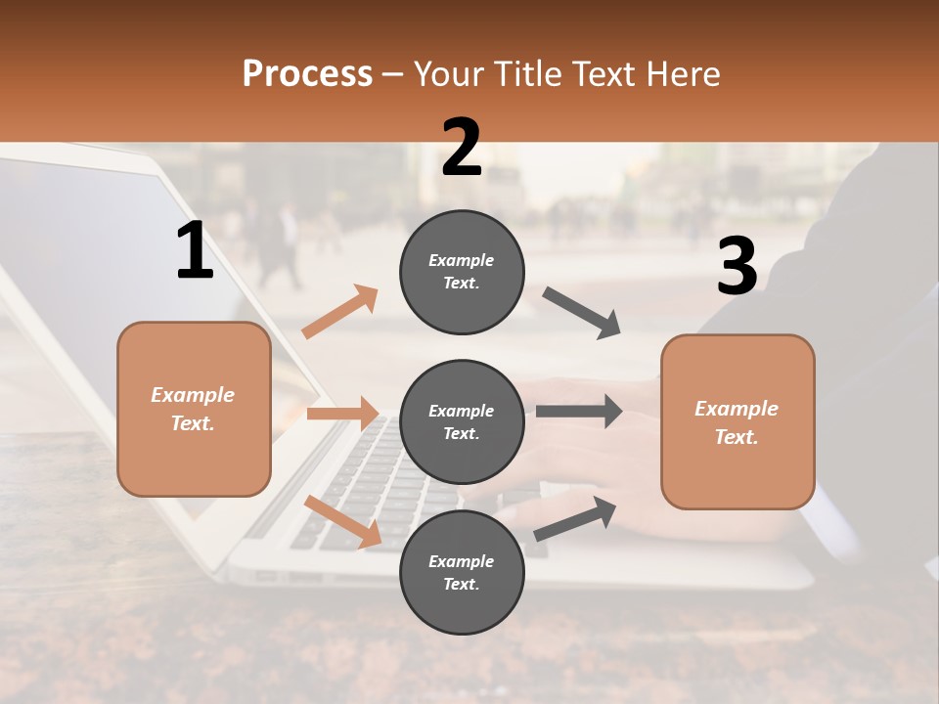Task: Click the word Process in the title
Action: coord(307,74)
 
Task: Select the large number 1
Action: coord(195,251)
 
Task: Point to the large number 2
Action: coord(462,148)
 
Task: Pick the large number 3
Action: coord(737,267)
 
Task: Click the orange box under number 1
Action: coord(194,409)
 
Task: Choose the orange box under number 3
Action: coord(738,422)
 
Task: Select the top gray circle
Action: coord(462,272)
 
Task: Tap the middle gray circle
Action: coord(462,422)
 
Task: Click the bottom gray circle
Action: coord(462,573)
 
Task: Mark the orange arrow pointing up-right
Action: coord(339,312)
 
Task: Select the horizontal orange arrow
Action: coord(342,414)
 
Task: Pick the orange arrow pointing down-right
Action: coord(342,521)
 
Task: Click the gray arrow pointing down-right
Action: coord(582,313)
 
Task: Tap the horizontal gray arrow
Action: coord(579,411)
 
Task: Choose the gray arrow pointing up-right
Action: coord(575,519)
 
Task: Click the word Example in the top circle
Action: coord(462,260)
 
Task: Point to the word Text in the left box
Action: coord(192,423)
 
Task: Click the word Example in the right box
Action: coord(737,409)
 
